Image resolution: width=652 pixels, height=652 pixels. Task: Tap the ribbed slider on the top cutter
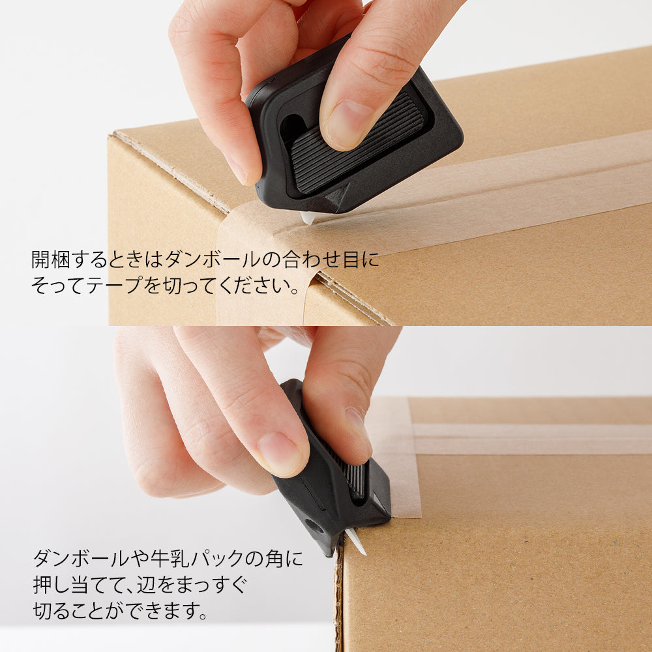[356, 141]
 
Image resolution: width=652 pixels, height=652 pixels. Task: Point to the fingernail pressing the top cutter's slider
[349, 124]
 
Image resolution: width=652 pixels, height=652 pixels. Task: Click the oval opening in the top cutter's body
[291, 128]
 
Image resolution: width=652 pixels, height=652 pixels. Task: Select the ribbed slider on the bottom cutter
[353, 476]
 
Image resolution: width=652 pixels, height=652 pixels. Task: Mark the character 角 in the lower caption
[270, 559]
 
